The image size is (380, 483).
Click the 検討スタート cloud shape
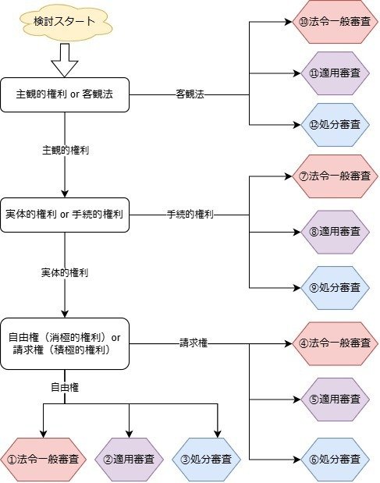(x=65, y=22)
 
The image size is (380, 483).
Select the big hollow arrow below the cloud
(x=65, y=60)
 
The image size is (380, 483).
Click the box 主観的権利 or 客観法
(x=65, y=94)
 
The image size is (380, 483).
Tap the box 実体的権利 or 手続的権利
(x=65, y=215)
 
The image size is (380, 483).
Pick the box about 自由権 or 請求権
(x=65, y=344)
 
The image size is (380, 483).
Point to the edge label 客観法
(x=190, y=94)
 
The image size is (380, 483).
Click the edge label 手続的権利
(x=190, y=215)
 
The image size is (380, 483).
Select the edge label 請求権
(x=194, y=343)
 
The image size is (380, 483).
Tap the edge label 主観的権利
(x=66, y=151)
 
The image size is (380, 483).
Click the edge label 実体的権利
(x=65, y=273)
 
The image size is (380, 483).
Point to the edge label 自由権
(x=65, y=388)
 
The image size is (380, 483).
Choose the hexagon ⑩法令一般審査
(x=335, y=22)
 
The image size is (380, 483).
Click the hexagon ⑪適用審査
(x=335, y=73)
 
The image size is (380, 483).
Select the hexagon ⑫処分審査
(x=335, y=125)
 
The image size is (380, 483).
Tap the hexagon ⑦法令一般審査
(x=335, y=176)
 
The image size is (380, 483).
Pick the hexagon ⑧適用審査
(x=335, y=232)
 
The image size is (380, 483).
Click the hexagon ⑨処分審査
(x=335, y=288)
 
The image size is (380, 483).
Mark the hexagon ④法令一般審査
(x=335, y=344)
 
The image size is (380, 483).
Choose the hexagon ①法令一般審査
(x=43, y=460)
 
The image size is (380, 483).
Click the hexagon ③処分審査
(x=206, y=460)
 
